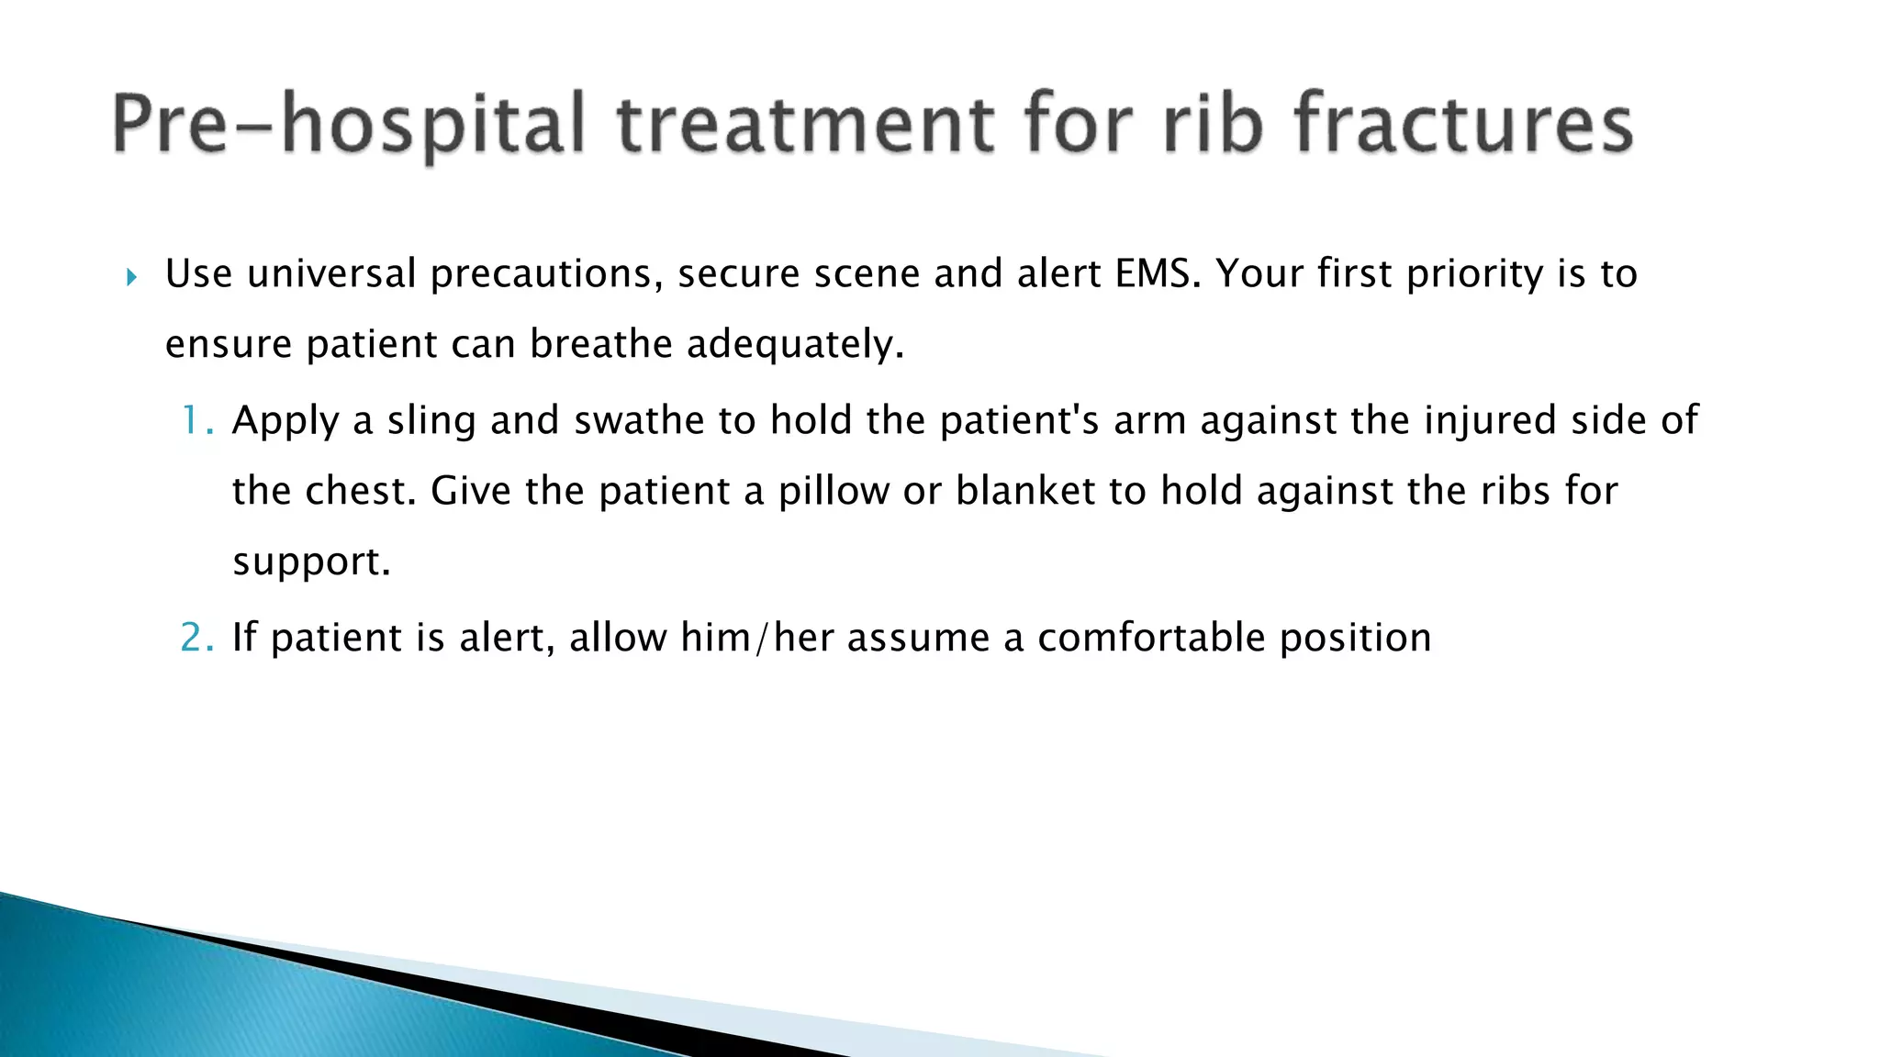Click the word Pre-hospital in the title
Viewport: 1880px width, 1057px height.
(348, 125)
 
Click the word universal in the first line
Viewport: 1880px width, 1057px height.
(331, 273)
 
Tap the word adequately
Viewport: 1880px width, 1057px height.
(795, 344)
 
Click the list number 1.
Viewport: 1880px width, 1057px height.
(196, 420)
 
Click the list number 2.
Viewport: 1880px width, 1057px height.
(196, 638)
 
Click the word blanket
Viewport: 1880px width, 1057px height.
(1025, 491)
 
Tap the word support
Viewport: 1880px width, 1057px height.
(311, 562)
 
